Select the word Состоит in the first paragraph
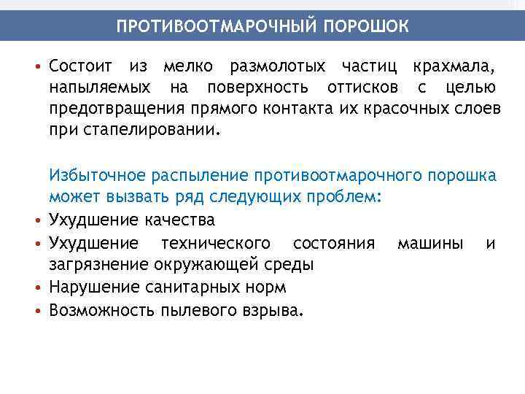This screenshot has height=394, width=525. pyautogui.click(x=80, y=68)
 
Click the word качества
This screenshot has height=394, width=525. pyautogui.click(x=180, y=220)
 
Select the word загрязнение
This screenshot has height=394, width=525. pyautogui.click(x=97, y=263)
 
